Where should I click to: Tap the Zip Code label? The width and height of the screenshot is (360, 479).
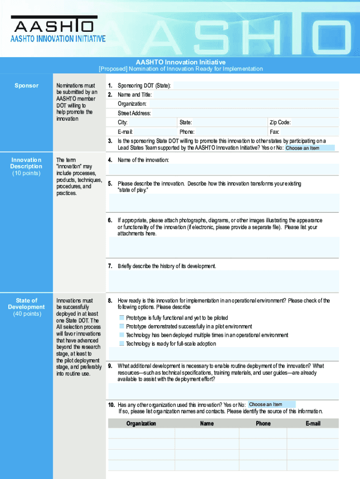click(x=280, y=123)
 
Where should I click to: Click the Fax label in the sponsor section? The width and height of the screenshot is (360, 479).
click(x=274, y=132)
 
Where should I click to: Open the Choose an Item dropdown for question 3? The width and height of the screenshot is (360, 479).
click(x=310, y=148)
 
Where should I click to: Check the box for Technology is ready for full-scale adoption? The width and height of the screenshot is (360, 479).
click(x=122, y=344)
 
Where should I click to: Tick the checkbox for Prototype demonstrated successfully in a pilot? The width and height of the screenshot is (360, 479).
click(x=122, y=327)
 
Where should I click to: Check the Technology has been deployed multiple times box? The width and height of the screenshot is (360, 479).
click(x=122, y=335)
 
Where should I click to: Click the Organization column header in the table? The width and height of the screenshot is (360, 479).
click(x=141, y=423)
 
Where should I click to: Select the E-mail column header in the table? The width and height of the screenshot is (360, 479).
click(x=313, y=423)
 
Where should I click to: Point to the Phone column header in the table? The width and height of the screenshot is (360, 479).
click(x=263, y=423)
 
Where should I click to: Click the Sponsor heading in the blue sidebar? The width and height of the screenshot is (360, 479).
click(x=26, y=86)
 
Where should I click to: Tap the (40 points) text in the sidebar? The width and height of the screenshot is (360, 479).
click(x=26, y=314)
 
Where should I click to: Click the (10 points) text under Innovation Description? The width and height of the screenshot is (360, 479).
click(x=26, y=173)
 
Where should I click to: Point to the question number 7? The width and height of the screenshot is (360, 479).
click(x=110, y=266)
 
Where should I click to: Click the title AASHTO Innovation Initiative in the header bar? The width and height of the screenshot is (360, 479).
click(x=180, y=62)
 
